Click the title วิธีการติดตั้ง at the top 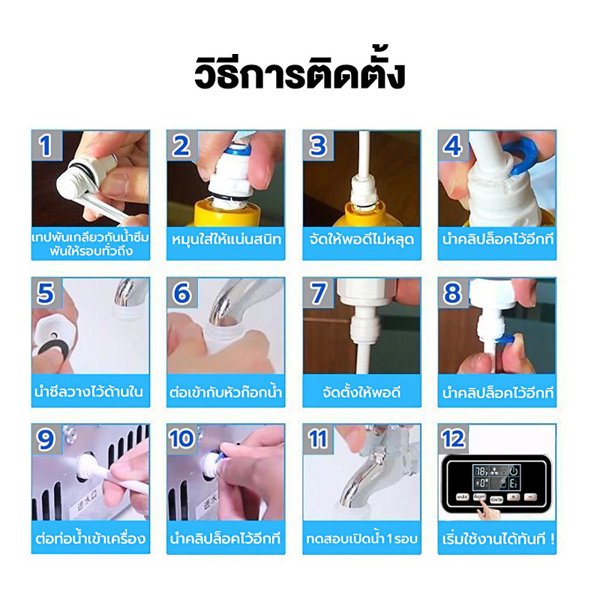coord(299,75)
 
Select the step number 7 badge coord(317,293)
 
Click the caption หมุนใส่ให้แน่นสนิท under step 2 coord(226,240)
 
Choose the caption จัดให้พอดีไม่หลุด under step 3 coord(361,240)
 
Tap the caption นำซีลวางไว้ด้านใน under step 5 coord(90,392)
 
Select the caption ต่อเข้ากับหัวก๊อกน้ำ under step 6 coord(226,392)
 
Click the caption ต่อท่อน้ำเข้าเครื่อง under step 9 coord(90,538)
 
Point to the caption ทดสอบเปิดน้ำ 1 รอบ coord(361,538)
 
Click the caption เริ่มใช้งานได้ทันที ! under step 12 coord(497,538)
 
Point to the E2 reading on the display coord(515,484)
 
